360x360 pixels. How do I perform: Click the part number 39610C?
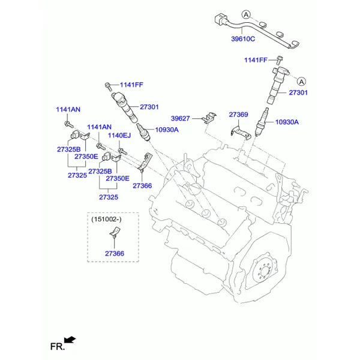click(x=243, y=39)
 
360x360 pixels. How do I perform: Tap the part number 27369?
click(x=238, y=114)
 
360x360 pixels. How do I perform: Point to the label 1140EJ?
click(x=119, y=136)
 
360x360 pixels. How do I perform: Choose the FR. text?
click(x=57, y=346)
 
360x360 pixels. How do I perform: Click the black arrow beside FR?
click(x=70, y=340)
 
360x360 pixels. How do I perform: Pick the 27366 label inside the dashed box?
click(x=113, y=254)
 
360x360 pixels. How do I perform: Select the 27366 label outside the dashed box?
click(x=142, y=185)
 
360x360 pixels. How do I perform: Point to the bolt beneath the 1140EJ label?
click(x=121, y=149)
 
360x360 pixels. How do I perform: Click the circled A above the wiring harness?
click(x=245, y=14)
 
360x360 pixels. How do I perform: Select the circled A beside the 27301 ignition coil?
click(x=301, y=81)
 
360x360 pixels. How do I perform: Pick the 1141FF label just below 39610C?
click(x=256, y=60)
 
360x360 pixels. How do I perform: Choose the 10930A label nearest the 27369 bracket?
click(x=287, y=122)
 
